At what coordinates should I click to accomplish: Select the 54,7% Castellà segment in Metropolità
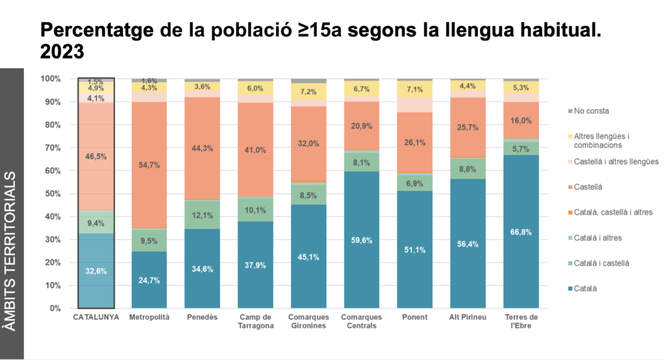pos(149,165)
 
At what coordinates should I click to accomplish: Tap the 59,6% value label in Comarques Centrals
pos(362,240)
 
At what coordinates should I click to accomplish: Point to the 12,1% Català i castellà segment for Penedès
pos(203,215)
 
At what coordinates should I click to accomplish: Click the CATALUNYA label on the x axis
pos(96,317)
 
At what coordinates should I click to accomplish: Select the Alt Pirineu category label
pos(468,317)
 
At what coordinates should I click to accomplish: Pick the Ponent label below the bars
pos(415,317)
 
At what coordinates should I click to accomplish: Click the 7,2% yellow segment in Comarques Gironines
pos(308,92)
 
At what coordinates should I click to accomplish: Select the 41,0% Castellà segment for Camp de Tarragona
pos(255,150)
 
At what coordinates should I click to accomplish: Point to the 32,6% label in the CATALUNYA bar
pos(96,271)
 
